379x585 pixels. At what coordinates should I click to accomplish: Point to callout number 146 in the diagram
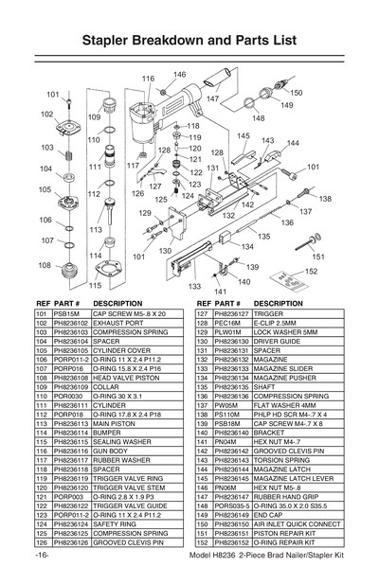[x=179, y=74]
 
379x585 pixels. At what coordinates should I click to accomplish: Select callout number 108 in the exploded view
[x=45, y=265]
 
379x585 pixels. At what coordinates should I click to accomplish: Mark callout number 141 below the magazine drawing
[x=220, y=291]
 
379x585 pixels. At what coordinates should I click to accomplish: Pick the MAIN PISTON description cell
[x=112, y=422]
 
